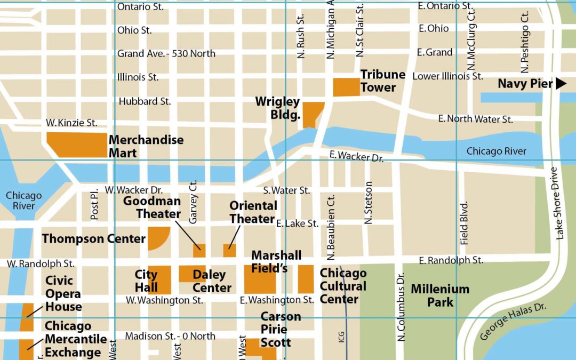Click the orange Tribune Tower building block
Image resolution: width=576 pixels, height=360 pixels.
(x=346, y=87)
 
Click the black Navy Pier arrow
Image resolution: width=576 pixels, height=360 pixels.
(x=560, y=84)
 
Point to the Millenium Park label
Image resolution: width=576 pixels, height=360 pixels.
(x=440, y=295)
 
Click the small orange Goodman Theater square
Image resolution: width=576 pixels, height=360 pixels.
(x=199, y=251)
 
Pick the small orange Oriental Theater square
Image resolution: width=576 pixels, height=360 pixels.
(x=229, y=250)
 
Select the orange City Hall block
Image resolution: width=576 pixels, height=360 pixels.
(x=159, y=279)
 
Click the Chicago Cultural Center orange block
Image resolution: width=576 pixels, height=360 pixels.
(x=306, y=279)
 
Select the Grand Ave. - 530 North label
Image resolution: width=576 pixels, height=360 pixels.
(x=166, y=53)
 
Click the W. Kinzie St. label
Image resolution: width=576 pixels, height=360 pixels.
(x=71, y=123)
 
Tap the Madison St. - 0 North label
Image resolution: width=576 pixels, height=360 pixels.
(x=170, y=336)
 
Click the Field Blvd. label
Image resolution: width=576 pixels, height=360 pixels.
(x=464, y=223)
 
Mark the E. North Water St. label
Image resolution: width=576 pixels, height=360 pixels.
(x=475, y=119)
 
